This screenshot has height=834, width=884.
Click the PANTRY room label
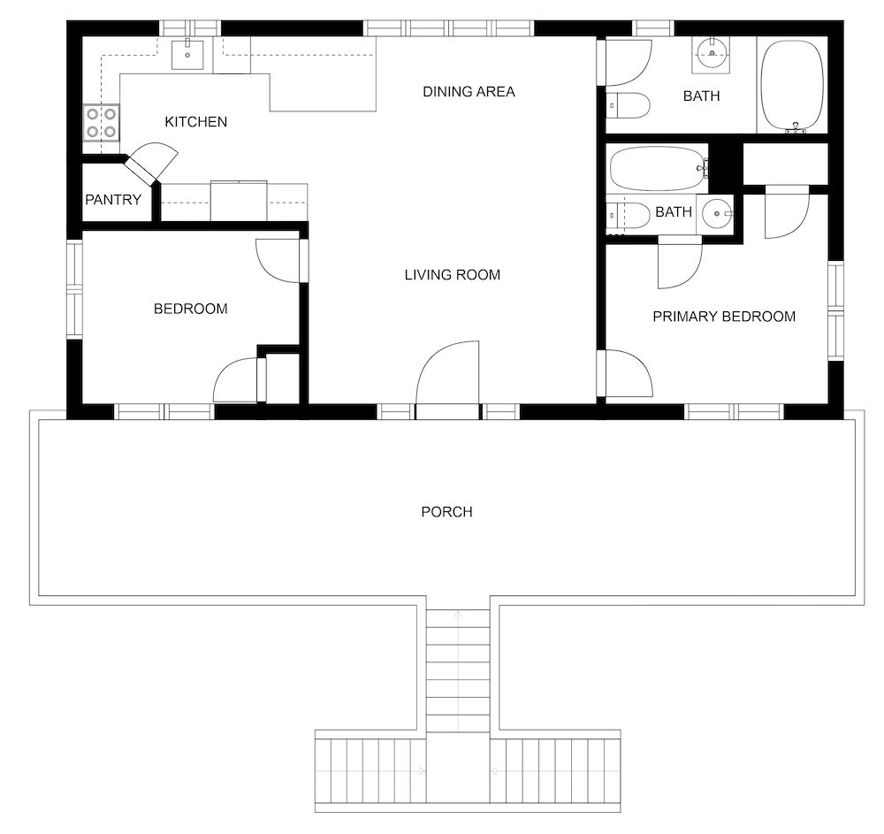tap(113, 199)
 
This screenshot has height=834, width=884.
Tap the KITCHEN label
tap(195, 122)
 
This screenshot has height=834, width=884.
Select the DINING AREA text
tap(469, 91)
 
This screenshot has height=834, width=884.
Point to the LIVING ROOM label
tap(452, 275)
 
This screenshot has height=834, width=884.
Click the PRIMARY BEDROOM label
tap(724, 317)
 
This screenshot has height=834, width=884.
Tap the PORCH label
tap(446, 511)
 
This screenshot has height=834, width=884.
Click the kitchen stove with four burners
tap(102, 123)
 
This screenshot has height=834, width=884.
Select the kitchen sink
tap(187, 54)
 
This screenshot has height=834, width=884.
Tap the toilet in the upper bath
tap(628, 105)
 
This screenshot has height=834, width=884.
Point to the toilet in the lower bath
tap(628, 216)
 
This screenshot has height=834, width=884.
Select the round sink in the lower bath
tap(716, 214)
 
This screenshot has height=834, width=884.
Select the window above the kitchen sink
tap(189, 27)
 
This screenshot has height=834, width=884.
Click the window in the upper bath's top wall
tap(653, 27)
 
